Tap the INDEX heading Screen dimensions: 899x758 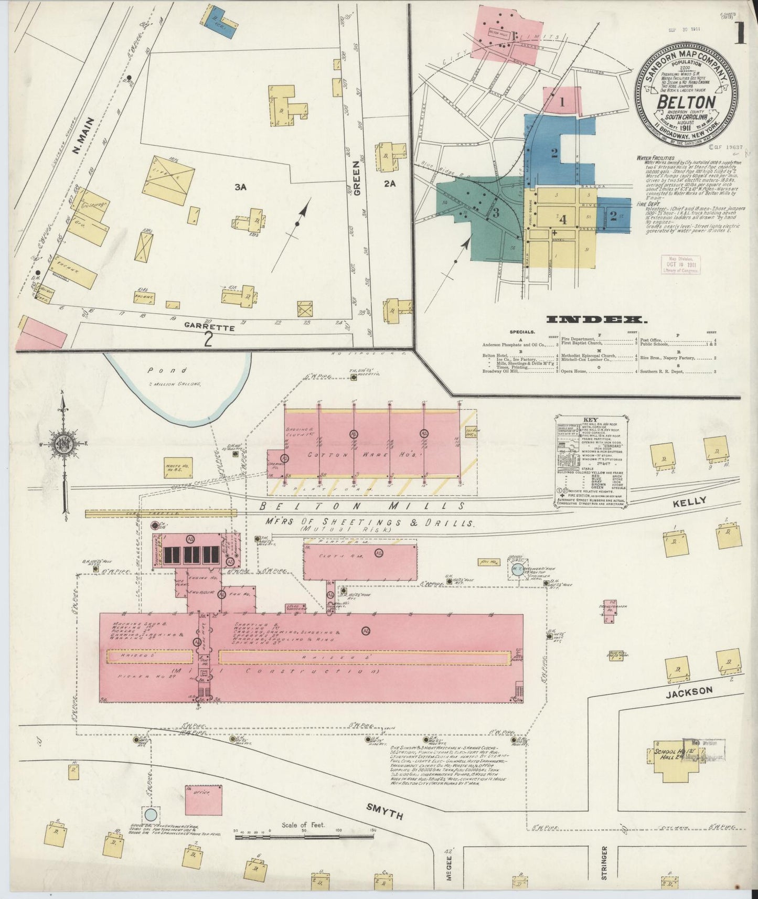click(596, 319)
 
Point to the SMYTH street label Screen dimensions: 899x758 click(385, 812)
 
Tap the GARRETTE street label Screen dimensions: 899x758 click(209, 328)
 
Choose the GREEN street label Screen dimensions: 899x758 click(358, 175)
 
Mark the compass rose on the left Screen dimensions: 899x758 click(65, 445)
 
